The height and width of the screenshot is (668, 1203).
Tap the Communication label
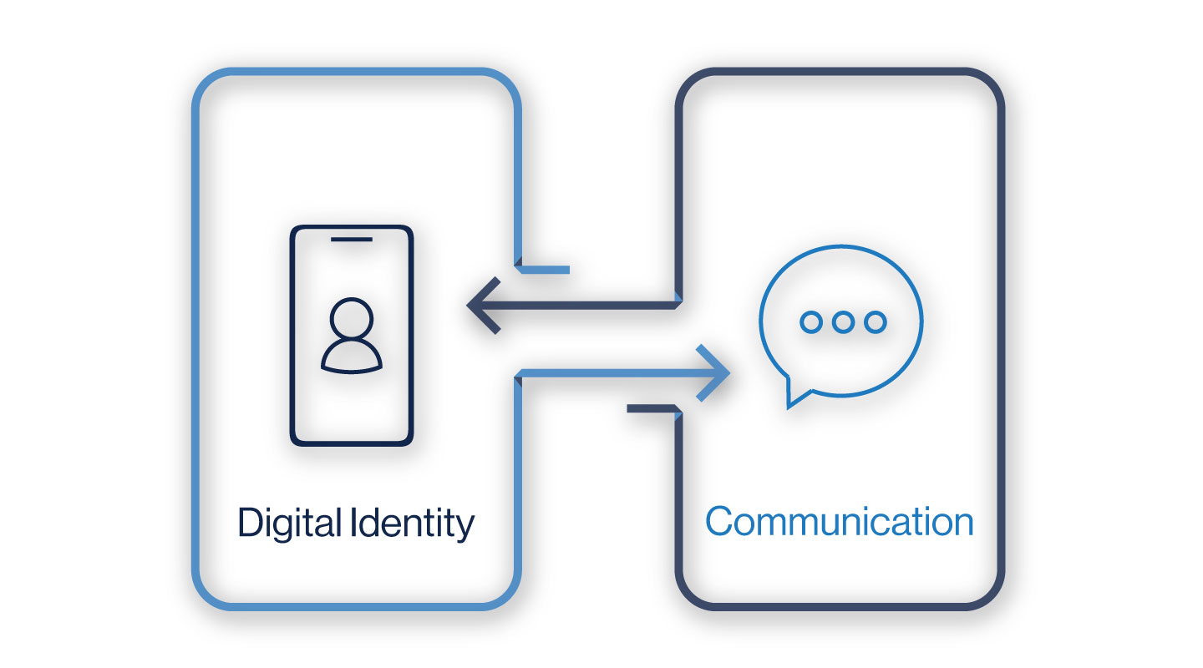tap(839, 522)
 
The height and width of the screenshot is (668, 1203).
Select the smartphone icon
tap(352, 335)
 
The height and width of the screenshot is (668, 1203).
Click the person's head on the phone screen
tap(352, 318)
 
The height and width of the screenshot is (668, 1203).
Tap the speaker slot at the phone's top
tap(352, 240)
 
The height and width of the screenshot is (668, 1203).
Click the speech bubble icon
tap(840, 321)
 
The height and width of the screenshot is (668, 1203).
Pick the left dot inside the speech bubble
tap(810, 321)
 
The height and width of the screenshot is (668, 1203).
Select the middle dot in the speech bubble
tap(842, 321)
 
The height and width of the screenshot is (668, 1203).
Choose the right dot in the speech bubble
tap(874, 321)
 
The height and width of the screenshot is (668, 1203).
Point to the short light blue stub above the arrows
tap(545, 270)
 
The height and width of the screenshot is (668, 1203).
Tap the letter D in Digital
tap(250, 524)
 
